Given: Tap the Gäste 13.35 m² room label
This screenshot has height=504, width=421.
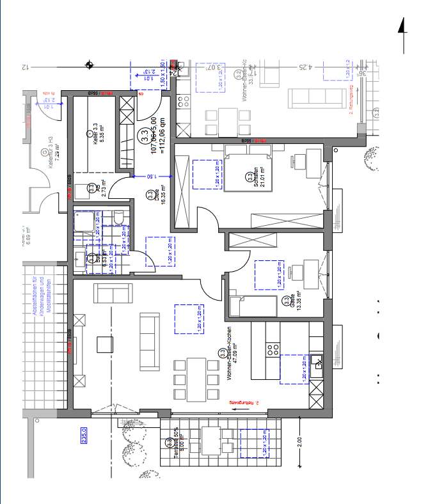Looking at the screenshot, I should coord(287,301).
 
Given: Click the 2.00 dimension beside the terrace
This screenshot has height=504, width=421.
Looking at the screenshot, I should coord(300,441).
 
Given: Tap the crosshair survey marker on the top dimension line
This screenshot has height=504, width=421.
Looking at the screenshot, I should coord(91,65).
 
